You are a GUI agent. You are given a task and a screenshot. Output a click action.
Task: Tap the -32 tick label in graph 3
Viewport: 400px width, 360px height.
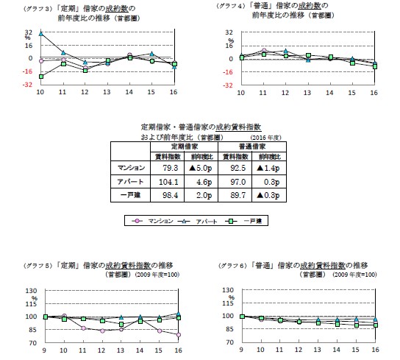(x=27, y=85)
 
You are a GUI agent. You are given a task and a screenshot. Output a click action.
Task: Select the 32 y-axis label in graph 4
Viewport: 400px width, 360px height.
(x=229, y=32)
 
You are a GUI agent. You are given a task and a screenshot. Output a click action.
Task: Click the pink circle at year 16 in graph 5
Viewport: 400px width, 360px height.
(x=177, y=335)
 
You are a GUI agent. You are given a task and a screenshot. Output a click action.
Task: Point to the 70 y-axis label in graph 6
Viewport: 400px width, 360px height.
(x=229, y=342)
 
